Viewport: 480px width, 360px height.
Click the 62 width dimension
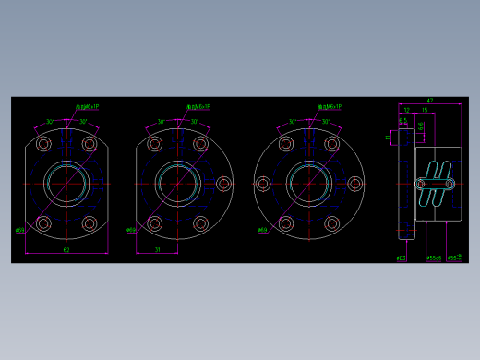(66, 249)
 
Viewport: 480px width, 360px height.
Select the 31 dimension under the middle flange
(158, 249)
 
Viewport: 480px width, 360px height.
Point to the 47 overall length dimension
(430, 101)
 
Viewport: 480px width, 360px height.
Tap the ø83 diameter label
(401, 258)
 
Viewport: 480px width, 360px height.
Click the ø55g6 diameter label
(434, 258)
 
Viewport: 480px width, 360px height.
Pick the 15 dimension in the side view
(425, 111)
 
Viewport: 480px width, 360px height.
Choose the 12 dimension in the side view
(406, 111)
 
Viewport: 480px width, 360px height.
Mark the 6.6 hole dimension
(422, 126)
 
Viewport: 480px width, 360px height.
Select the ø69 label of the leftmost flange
(20, 231)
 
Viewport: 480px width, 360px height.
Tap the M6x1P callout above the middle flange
(198, 107)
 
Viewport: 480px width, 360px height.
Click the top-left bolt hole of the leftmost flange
(43, 144)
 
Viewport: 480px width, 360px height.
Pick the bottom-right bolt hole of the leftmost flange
(90, 223)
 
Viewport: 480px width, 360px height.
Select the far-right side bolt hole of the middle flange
(223, 184)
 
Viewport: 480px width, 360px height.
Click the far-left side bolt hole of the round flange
(263, 184)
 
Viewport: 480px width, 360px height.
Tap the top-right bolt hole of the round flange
(332, 144)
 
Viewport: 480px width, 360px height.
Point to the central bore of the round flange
(309, 184)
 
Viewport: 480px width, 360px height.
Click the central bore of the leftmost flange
(66, 183)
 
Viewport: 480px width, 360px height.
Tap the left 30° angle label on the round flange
(293, 122)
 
